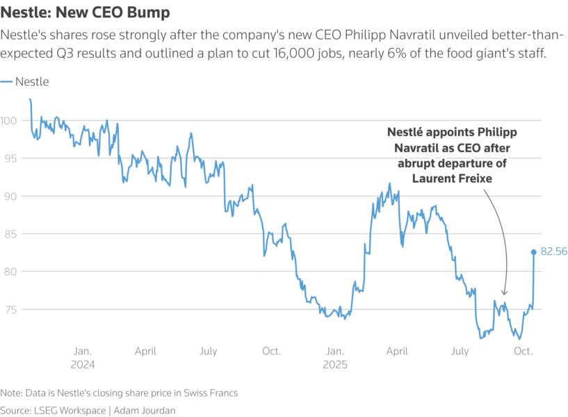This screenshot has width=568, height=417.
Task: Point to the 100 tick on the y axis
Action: (x=8, y=121)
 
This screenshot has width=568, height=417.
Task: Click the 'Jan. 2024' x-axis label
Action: (x=82, y=357)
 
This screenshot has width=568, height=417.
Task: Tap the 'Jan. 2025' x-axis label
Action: (x=334, y=357)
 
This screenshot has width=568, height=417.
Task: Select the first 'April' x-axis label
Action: (x=145, y=352)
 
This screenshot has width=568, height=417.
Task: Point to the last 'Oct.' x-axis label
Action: (x=523, y=352)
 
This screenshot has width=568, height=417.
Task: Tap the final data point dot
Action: (x=534, y=252)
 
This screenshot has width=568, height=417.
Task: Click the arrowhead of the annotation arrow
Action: (x=505, y=295)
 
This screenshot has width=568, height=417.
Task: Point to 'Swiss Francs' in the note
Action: (x=209, y=393)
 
